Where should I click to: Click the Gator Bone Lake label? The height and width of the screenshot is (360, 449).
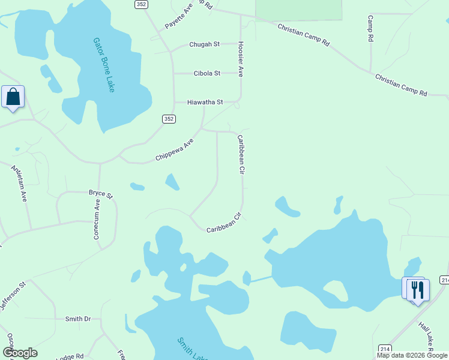103,65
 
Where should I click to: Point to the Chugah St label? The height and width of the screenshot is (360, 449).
205,44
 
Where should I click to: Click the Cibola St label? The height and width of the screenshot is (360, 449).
207,73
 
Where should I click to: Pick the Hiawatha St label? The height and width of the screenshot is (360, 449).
205,103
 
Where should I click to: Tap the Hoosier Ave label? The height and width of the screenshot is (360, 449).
240,59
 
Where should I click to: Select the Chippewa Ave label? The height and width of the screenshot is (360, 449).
175,149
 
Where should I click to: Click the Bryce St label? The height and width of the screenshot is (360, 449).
100,193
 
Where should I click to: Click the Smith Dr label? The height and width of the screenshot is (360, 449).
77,319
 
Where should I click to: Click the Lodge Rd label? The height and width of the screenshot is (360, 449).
71,357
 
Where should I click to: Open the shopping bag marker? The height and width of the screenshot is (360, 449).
13,97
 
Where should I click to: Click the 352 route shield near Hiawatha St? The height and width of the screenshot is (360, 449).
169,119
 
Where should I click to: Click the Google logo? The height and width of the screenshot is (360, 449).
19,353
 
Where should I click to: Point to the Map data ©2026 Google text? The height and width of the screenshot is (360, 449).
412,356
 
